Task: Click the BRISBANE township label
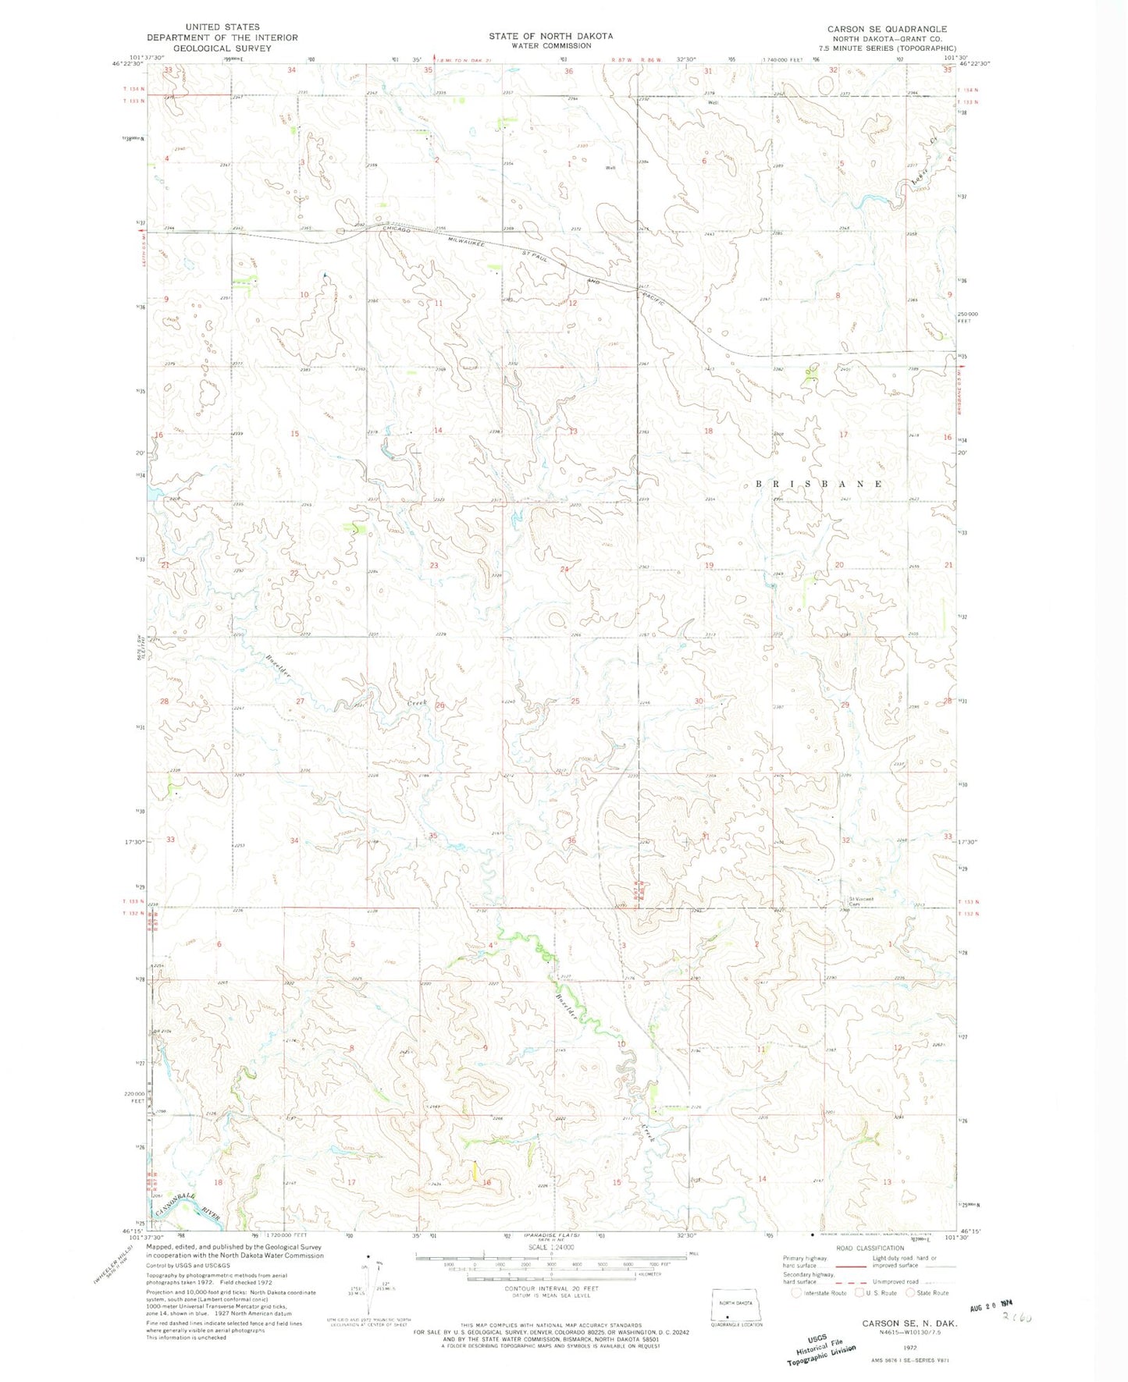(x=819, y=484)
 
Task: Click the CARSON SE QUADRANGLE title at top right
(x=887, y=29)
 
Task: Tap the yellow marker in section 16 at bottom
(x=475, y=1170)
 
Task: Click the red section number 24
(x=564, y=569)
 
